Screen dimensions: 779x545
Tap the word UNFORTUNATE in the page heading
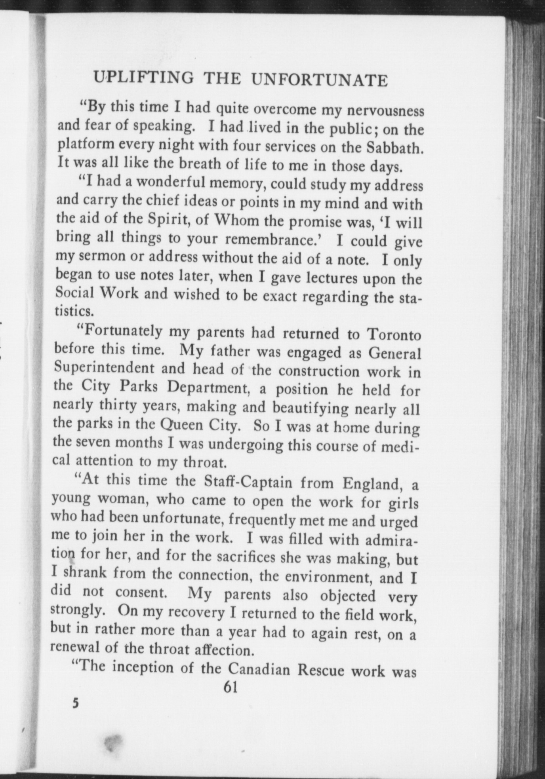pyautogui.click(x=320, y=80)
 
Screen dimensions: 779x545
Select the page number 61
pyautogui.click(x=231, y=687)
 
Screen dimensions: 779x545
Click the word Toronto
pyautogui.click(x=394, y=335)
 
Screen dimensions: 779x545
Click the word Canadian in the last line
pyautogui.click(x=259, y=669)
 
